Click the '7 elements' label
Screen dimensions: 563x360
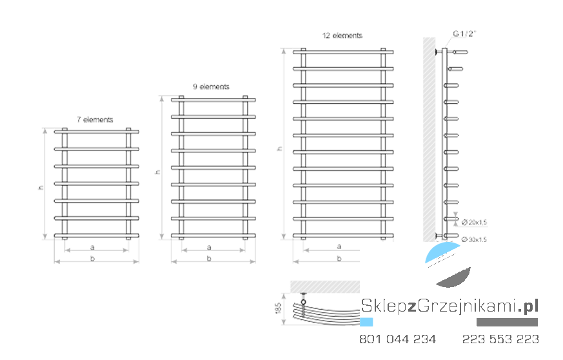click(x=95, y=119)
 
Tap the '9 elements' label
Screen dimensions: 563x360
click(x=211, y=86)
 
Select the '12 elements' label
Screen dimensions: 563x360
click(x=342, y=35)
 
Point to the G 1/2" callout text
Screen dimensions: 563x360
click(x=464, y=34)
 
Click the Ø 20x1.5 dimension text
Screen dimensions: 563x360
click(x=474, y=223)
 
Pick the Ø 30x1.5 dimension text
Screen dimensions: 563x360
click(x=474, y=239)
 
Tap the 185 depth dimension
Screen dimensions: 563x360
click(x=278, y=308)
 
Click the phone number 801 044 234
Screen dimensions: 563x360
click(x=398, y=339)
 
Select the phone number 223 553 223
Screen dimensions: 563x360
click(x=500, y=339)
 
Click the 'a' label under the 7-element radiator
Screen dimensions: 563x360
click(x=92, y=247)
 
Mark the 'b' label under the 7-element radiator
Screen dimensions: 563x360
click(x=92, y=258)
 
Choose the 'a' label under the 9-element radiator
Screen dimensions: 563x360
click(x=209, y=247)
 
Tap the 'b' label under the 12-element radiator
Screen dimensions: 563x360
click(x=339, y=258)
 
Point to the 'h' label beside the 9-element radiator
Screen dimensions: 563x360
click(x=157, y=172)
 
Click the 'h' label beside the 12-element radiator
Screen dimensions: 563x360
click(x=280, y=149)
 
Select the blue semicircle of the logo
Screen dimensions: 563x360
click(x=440, y=252)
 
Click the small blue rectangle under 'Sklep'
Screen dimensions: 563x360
click(x=366, y=322)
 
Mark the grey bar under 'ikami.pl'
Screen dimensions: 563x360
click(x=507, y=323)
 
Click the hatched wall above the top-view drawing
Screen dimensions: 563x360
click(x=325, y=287)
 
